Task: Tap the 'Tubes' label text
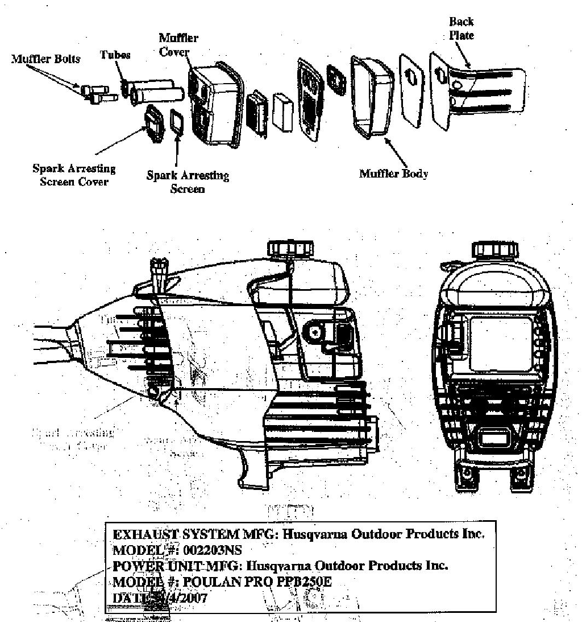tap(115, 55)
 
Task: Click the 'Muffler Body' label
tap(393, 174)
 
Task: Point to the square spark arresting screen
tap(177, 123)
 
